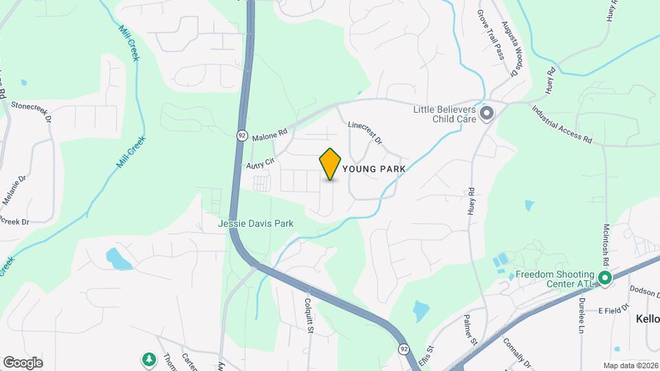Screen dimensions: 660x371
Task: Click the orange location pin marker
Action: tap(330, 164)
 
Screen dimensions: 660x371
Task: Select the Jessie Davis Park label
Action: tap(256, 223)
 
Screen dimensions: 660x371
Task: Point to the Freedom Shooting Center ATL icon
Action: tap(605, 278)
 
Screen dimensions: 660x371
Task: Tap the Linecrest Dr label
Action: tap(364, 133)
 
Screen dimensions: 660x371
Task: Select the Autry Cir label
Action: tap(261, 164)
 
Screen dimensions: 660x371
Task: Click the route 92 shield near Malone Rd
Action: tap(242, 135)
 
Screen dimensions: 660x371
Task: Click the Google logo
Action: tap(23, 362)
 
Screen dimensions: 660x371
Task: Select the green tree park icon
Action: tap(148, 359)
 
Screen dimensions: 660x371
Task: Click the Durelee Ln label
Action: tap(581, 320)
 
